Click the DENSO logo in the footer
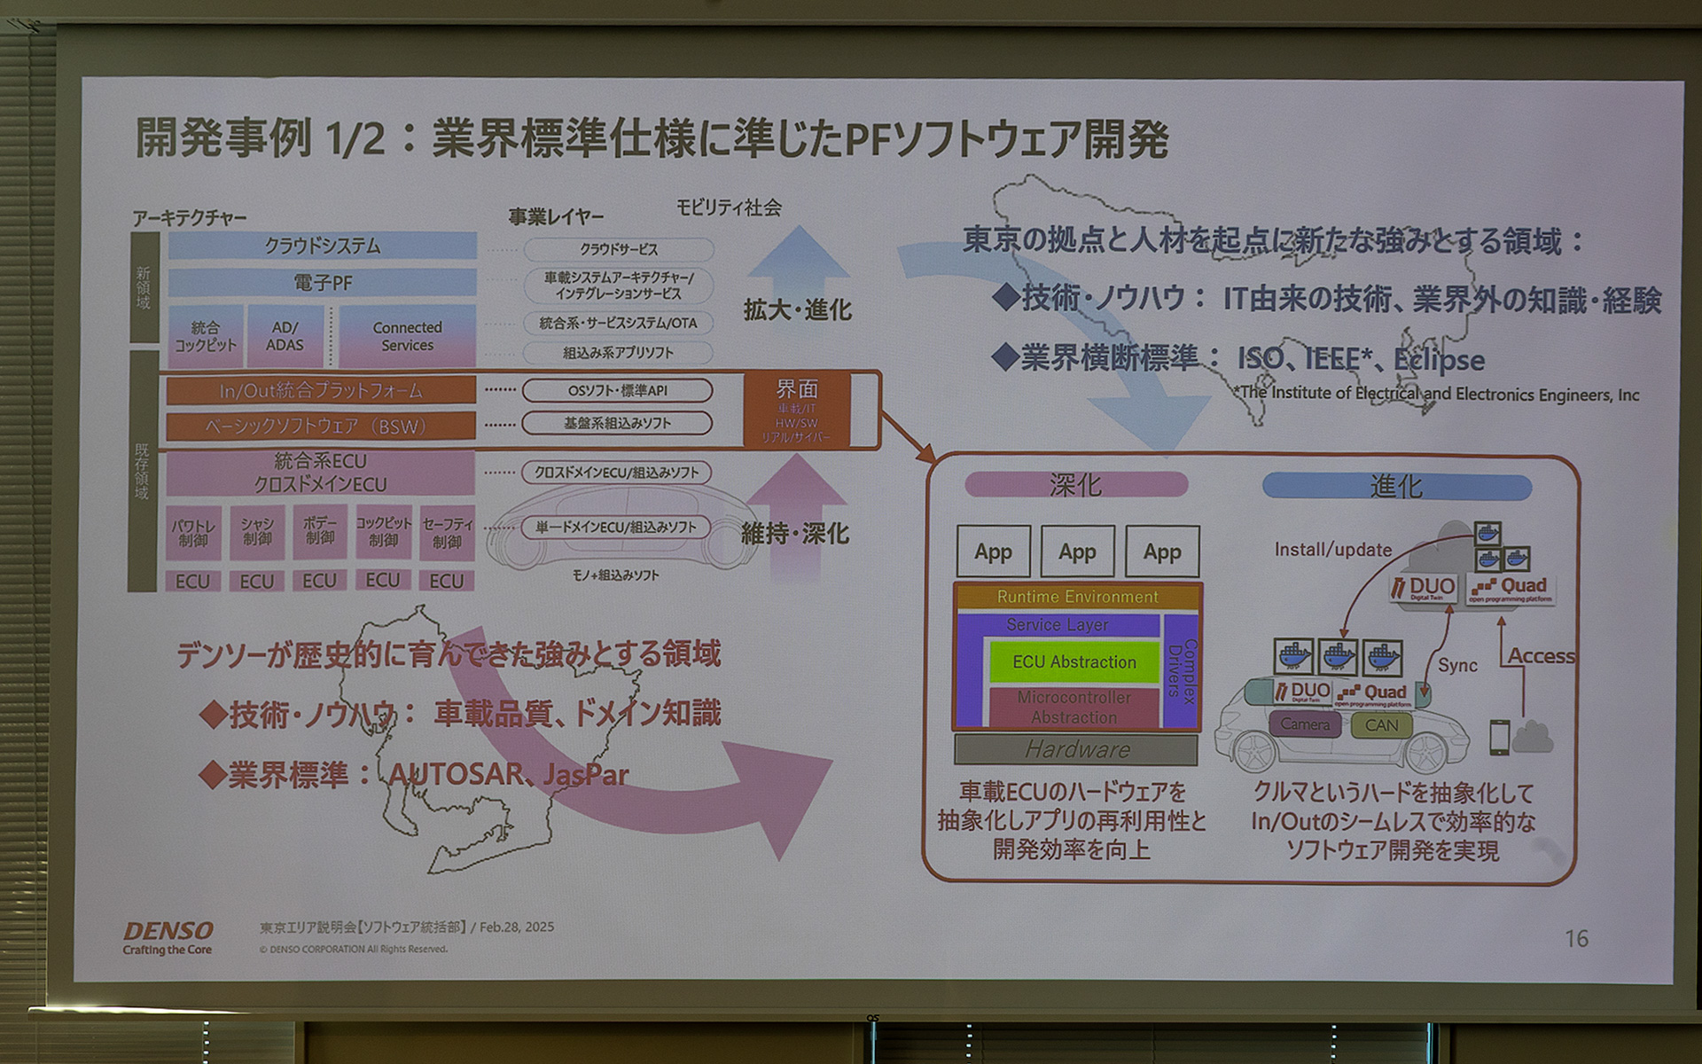(x=168, y=931)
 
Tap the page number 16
(x=1575, y=938)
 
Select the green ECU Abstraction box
(x=1074, y=662)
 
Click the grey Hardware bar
(x=1076, y=750)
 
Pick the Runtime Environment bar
(x=1077, y=597)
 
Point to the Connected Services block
(x=407, y=336)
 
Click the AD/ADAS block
(x=285, y=336)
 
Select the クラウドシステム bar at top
(x=322, y=246)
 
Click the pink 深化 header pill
(x=1075, y=485)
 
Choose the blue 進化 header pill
(x=1396, y=487)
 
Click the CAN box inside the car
(x=1381, y=725)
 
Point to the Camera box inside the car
(x=1304, y=724)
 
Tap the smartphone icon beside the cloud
(x=1498, y=737)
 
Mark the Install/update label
(x=1332, y=550)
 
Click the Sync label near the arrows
(x=1456, y=665)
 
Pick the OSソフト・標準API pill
(x=617, y=390)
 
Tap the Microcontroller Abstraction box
(x=1074, y=708)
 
